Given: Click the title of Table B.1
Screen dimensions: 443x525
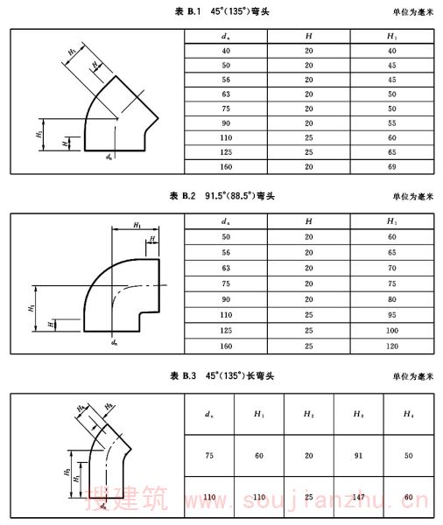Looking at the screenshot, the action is pyautogui.click(x=221, y=11).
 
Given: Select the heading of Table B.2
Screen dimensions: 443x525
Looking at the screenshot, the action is pyautogui.click(x=221, y=195).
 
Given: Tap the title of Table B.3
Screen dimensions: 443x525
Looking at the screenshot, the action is pyautogui.click(x=221, y=375).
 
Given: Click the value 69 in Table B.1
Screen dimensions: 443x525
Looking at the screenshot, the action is pyautogui.click(x=391, y=167).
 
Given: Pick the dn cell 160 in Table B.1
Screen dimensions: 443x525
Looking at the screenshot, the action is pyautogui.click(x=226, y=167).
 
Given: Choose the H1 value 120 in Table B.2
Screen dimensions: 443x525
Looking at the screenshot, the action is pyautogui.click(x=391, y=346).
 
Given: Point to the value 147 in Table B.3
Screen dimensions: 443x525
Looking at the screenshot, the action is pyautogui.click(x=359, y=497).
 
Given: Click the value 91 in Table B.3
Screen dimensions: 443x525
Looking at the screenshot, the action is pyautogui.click(x=359, y=456).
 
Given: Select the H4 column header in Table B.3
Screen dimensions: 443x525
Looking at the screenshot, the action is pyautogui.click(x=408, y=414).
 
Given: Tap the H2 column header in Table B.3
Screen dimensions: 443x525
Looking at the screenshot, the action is pyautogui.click(x=309, y=414).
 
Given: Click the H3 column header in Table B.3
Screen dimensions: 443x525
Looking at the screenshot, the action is pyautogui.click(x=359, y=414).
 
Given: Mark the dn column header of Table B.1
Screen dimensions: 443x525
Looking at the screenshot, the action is pyautogui.click(x=226, y=36).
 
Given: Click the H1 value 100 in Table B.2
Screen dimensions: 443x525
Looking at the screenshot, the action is pyautogui.click(x=391, y=331).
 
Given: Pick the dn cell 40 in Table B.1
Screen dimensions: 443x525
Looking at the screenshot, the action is pyautogui.click(x=226, y=51).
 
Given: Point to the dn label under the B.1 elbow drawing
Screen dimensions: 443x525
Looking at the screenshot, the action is pyautogui.click(x=109, y=157).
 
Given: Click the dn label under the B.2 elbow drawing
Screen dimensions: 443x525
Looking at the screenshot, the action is pyautogui.click(x=115, y=342).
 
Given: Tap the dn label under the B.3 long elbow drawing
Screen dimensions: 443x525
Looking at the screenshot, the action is pyautogui.click(x=103, y=506).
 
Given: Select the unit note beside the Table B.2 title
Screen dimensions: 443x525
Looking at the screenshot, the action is pyautogui.click(x=413, y=196).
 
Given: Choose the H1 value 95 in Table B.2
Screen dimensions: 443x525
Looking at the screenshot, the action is pyautogui.click(x=391, y=315).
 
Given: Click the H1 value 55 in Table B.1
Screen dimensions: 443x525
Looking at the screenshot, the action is pyautogui.click(x=391, y=123).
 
